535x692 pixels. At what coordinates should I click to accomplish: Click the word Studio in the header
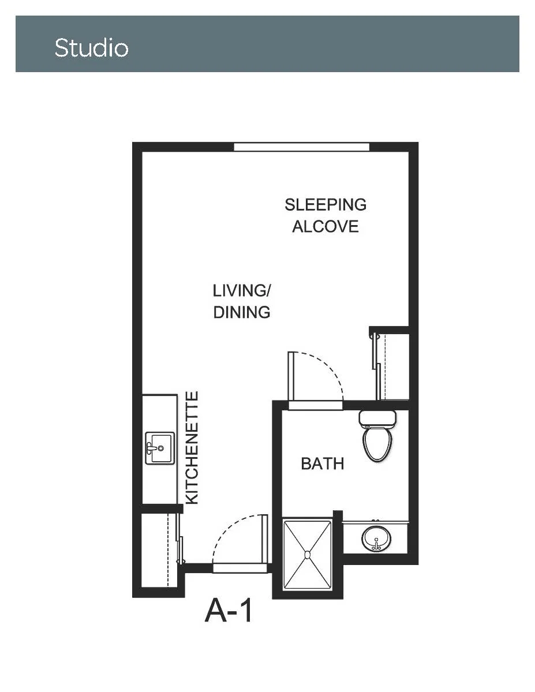point(91,48)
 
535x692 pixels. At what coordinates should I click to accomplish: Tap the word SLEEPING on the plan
point(326,205)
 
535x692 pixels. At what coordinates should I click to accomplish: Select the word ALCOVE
point(326,227)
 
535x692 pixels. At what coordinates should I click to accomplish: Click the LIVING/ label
point(241,291)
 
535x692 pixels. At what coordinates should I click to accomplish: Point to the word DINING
point(241,312)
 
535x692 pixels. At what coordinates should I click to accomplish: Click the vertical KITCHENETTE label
point(192,447)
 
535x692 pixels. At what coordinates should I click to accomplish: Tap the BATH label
point(322,464)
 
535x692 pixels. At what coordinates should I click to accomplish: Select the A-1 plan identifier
point(229,611)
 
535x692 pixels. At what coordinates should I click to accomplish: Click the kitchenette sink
point(159,448)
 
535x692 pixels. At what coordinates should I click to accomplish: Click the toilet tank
point(377,418)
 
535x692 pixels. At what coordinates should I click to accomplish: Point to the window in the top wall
point(301,147)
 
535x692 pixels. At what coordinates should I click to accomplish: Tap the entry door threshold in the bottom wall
point(240,568)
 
